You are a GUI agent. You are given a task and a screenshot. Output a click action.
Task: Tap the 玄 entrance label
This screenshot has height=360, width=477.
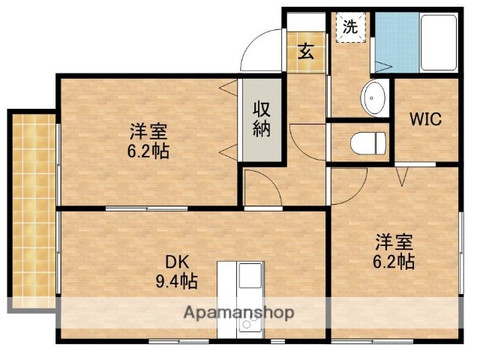(x=306, y=52)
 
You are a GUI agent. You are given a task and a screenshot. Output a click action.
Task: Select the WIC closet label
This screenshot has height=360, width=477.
(x=425, y=118)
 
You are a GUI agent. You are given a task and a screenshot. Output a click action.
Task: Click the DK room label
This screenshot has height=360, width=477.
(x=177, y=263)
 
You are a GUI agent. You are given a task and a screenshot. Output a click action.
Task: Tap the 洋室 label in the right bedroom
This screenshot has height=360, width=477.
(x=394, y=243)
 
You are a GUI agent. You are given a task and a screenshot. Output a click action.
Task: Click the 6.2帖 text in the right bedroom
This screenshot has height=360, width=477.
(x=394, y=262)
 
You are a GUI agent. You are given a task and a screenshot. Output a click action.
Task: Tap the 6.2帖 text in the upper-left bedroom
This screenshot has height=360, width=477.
(x=148, y=151)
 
